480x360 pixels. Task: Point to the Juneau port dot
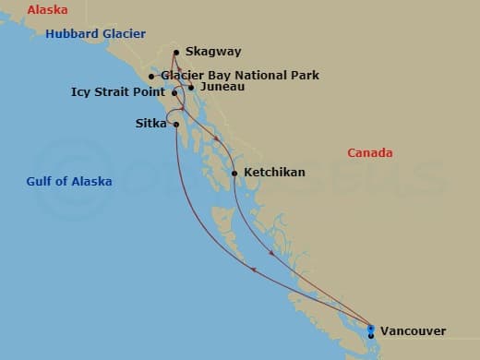(x=191, y=88)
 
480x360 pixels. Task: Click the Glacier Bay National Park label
(x=240, y=75)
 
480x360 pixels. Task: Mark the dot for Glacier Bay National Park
(x=151, y=77)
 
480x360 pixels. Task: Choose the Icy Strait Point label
(x=117, y=92)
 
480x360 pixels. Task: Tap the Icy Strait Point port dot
(x=174, y=92)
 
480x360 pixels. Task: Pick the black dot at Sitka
(x=175, y=125)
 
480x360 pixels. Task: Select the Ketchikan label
(x=274, y=173)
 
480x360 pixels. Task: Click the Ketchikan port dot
(x=234, y=173)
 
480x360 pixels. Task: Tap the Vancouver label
(x=413, y=330)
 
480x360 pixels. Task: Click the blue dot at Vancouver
(x=370, y=329)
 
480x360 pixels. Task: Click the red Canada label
(x=369, y=152)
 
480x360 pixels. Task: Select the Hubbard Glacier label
(x=96, y=34)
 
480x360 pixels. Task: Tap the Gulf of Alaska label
(x=69, y=182)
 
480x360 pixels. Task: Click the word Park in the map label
(x=304, y=75)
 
